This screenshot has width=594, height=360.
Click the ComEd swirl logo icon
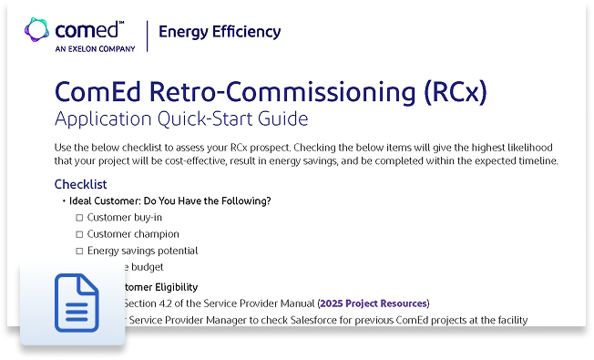click(38, 29)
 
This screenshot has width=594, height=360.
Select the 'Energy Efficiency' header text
click(220, 32)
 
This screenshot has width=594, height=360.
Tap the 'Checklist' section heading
click(81, 184)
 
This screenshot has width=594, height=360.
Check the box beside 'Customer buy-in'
click(79, 218)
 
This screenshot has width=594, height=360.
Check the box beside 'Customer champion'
click(79, 234)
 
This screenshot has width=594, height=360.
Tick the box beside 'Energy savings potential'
click(79, 251)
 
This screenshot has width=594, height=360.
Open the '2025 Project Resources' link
click(373, 303)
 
